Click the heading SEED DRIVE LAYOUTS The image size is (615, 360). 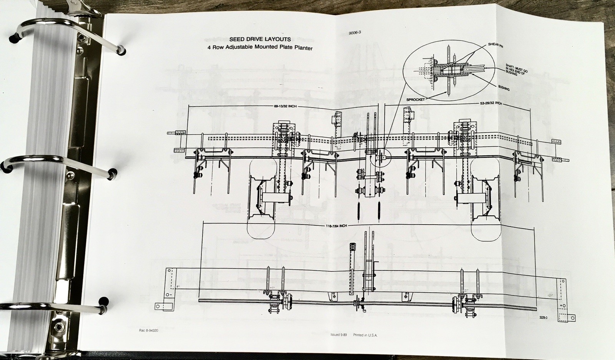(260, 39)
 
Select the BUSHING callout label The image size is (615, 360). (504, 88)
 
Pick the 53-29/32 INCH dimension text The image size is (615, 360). (491, 103)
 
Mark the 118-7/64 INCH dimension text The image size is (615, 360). (335, 226)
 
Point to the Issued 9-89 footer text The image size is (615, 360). (339, 335)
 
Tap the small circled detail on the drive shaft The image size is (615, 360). (380, 157)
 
